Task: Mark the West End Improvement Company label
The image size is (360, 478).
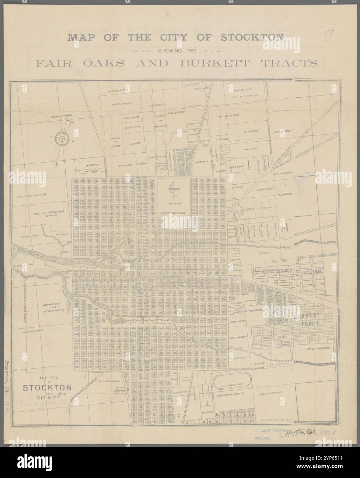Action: pyautogui.click(x=49, y=214)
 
